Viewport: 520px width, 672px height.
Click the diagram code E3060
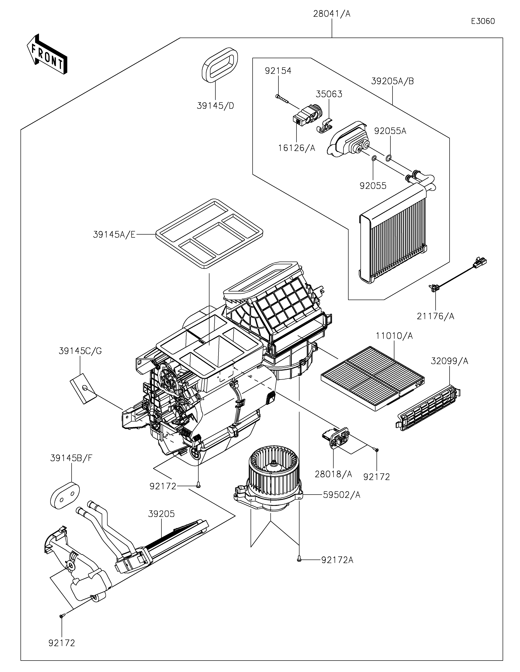(483, 21)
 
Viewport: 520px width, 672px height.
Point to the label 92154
(278, 71)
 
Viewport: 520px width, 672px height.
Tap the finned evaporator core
(394, 234)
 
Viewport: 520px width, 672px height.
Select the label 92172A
(337, 560)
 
